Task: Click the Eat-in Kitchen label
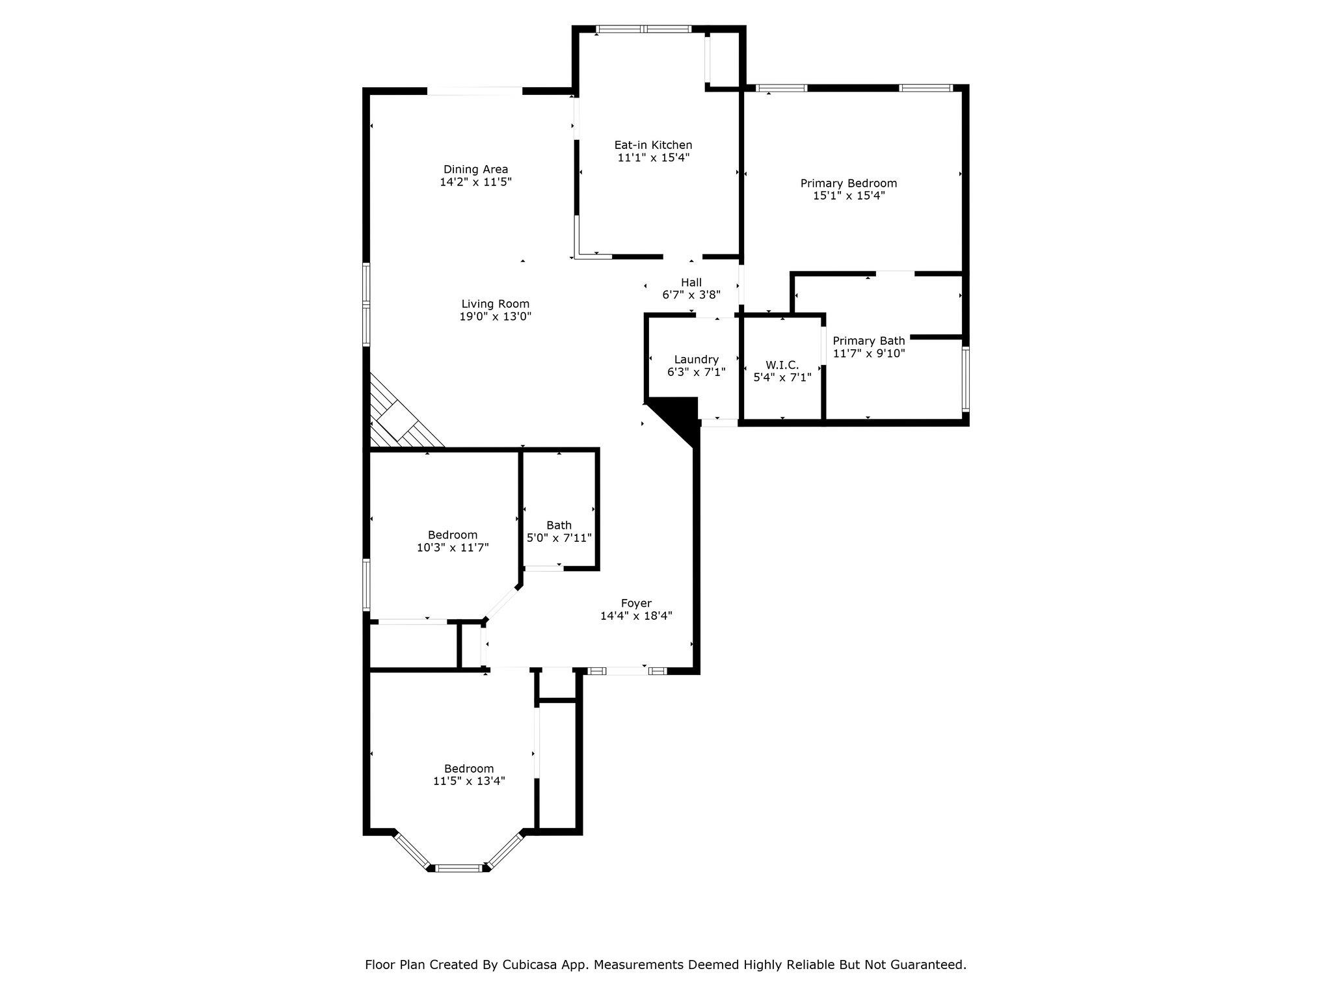(653, 145)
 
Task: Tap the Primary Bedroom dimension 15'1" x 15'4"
(848, 195)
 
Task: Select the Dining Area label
(475, 170)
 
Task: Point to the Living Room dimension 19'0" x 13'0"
(495, 317)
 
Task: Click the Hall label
(691, 282)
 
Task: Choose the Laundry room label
(696, 360)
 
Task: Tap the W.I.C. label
(782, 366)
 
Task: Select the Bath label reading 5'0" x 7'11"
(559, 538)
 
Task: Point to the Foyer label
(635, 604)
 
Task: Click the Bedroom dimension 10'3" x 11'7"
(452, 548)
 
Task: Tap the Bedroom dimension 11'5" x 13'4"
(469, 781)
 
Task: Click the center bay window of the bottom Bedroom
(459, 868)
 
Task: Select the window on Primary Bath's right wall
(965, 379)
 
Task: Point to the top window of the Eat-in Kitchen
(643, 29)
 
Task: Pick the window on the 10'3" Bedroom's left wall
(366, 584)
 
